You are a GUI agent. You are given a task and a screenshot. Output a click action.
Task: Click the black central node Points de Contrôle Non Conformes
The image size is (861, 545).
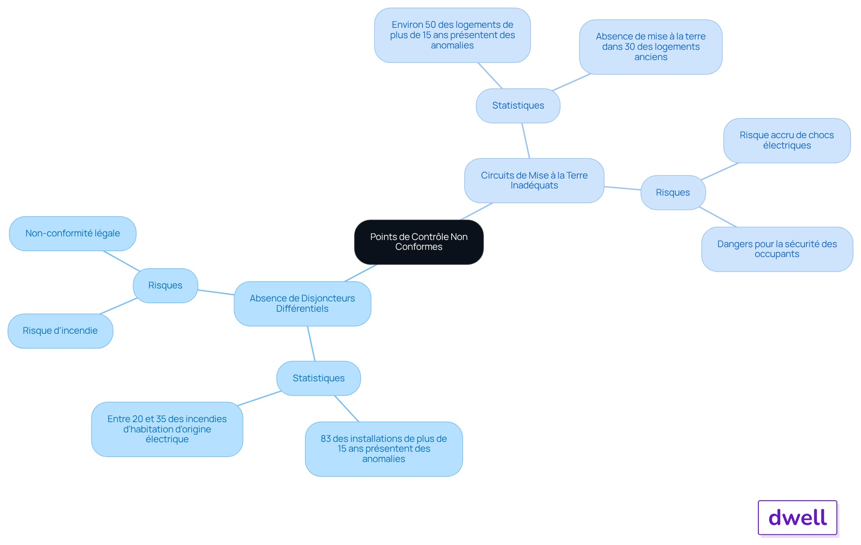[x=419, y=242]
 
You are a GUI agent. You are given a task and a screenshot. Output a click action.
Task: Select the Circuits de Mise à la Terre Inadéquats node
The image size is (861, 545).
[x=534, y=180]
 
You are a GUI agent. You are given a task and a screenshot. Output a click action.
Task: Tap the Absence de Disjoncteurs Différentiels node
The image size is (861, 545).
[x=302, y=304]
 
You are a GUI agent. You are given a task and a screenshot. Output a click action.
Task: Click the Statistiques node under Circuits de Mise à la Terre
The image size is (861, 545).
[x=518, y=106]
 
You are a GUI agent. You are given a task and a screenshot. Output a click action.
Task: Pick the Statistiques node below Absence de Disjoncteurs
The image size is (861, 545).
[x=318, y=378]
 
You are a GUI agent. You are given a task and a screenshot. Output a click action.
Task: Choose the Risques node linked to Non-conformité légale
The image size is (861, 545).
[x=165, y=286]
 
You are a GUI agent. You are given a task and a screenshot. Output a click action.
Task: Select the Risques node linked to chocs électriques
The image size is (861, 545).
[x=673, y=192]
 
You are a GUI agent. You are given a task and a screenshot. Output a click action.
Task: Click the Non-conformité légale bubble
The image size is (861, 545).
[x=73, y=234]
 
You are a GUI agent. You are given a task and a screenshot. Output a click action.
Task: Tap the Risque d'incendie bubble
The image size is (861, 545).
[x=61, y=331]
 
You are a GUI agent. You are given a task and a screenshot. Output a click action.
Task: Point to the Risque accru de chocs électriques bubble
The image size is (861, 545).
[x=787, y=140]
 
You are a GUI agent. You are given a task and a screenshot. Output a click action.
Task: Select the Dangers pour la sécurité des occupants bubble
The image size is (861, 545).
[x=777, y=249]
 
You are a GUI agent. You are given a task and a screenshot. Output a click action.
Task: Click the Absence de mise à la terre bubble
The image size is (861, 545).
[x=651, y=47]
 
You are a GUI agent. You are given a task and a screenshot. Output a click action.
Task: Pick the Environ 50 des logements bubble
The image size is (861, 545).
[x=452, y=35]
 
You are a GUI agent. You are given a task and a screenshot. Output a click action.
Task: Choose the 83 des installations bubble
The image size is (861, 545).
[x=384, y=449]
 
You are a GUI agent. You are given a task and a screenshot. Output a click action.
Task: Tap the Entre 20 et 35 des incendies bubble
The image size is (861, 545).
[x=167, y=429]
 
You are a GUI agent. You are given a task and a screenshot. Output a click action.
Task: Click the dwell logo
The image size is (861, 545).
[x=798, y=518]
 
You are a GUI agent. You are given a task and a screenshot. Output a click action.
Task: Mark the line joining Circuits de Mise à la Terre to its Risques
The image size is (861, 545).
[x=622, y=188]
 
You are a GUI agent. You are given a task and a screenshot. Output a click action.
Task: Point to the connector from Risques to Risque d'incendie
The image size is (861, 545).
[x=118, y=306]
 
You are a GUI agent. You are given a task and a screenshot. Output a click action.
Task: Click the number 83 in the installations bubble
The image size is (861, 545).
[x=326, y=439]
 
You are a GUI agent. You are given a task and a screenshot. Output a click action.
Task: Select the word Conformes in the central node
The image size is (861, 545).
[x=419, y=247]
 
